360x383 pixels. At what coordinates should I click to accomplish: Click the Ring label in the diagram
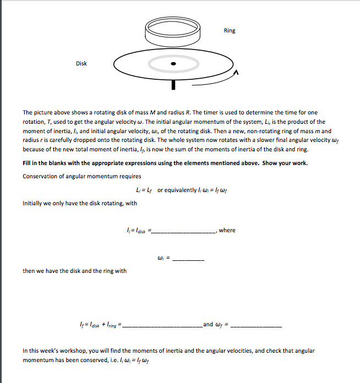tap(230, 30)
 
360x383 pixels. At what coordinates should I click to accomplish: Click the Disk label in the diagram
tap(81, 63)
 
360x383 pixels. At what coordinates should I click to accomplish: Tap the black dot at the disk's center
tap(173, 64)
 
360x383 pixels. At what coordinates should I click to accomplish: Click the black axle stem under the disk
tap(173, 84)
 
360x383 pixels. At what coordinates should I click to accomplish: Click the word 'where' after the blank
tap(227, 230)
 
